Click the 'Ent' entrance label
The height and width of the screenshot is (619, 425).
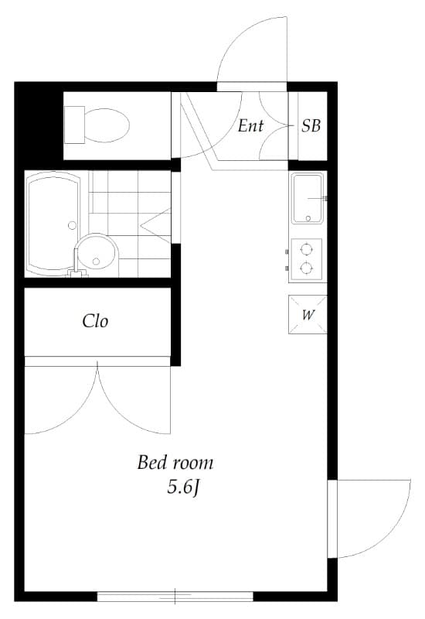point(250,126)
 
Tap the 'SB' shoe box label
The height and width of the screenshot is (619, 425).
point(311,126)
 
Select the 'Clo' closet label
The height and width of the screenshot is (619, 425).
point(95,321)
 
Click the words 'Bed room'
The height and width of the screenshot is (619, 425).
point(175,463)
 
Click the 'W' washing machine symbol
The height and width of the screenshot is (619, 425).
point(308,315)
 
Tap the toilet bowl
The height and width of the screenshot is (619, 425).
point(106,124)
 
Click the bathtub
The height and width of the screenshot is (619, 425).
point(53,224)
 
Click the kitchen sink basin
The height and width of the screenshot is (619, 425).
point(308,197)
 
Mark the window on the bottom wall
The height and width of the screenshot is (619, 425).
point(175,596)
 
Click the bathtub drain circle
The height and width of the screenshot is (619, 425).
point(72,225)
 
